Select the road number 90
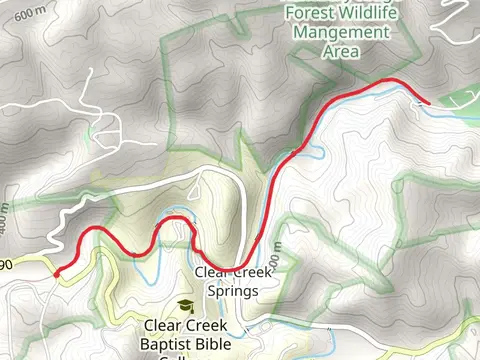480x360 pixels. (6, 263)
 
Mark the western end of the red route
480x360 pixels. (56, 271)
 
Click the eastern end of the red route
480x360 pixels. (428, 102)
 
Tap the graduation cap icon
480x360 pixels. (185, 306)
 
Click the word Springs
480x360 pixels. (231, 291)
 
